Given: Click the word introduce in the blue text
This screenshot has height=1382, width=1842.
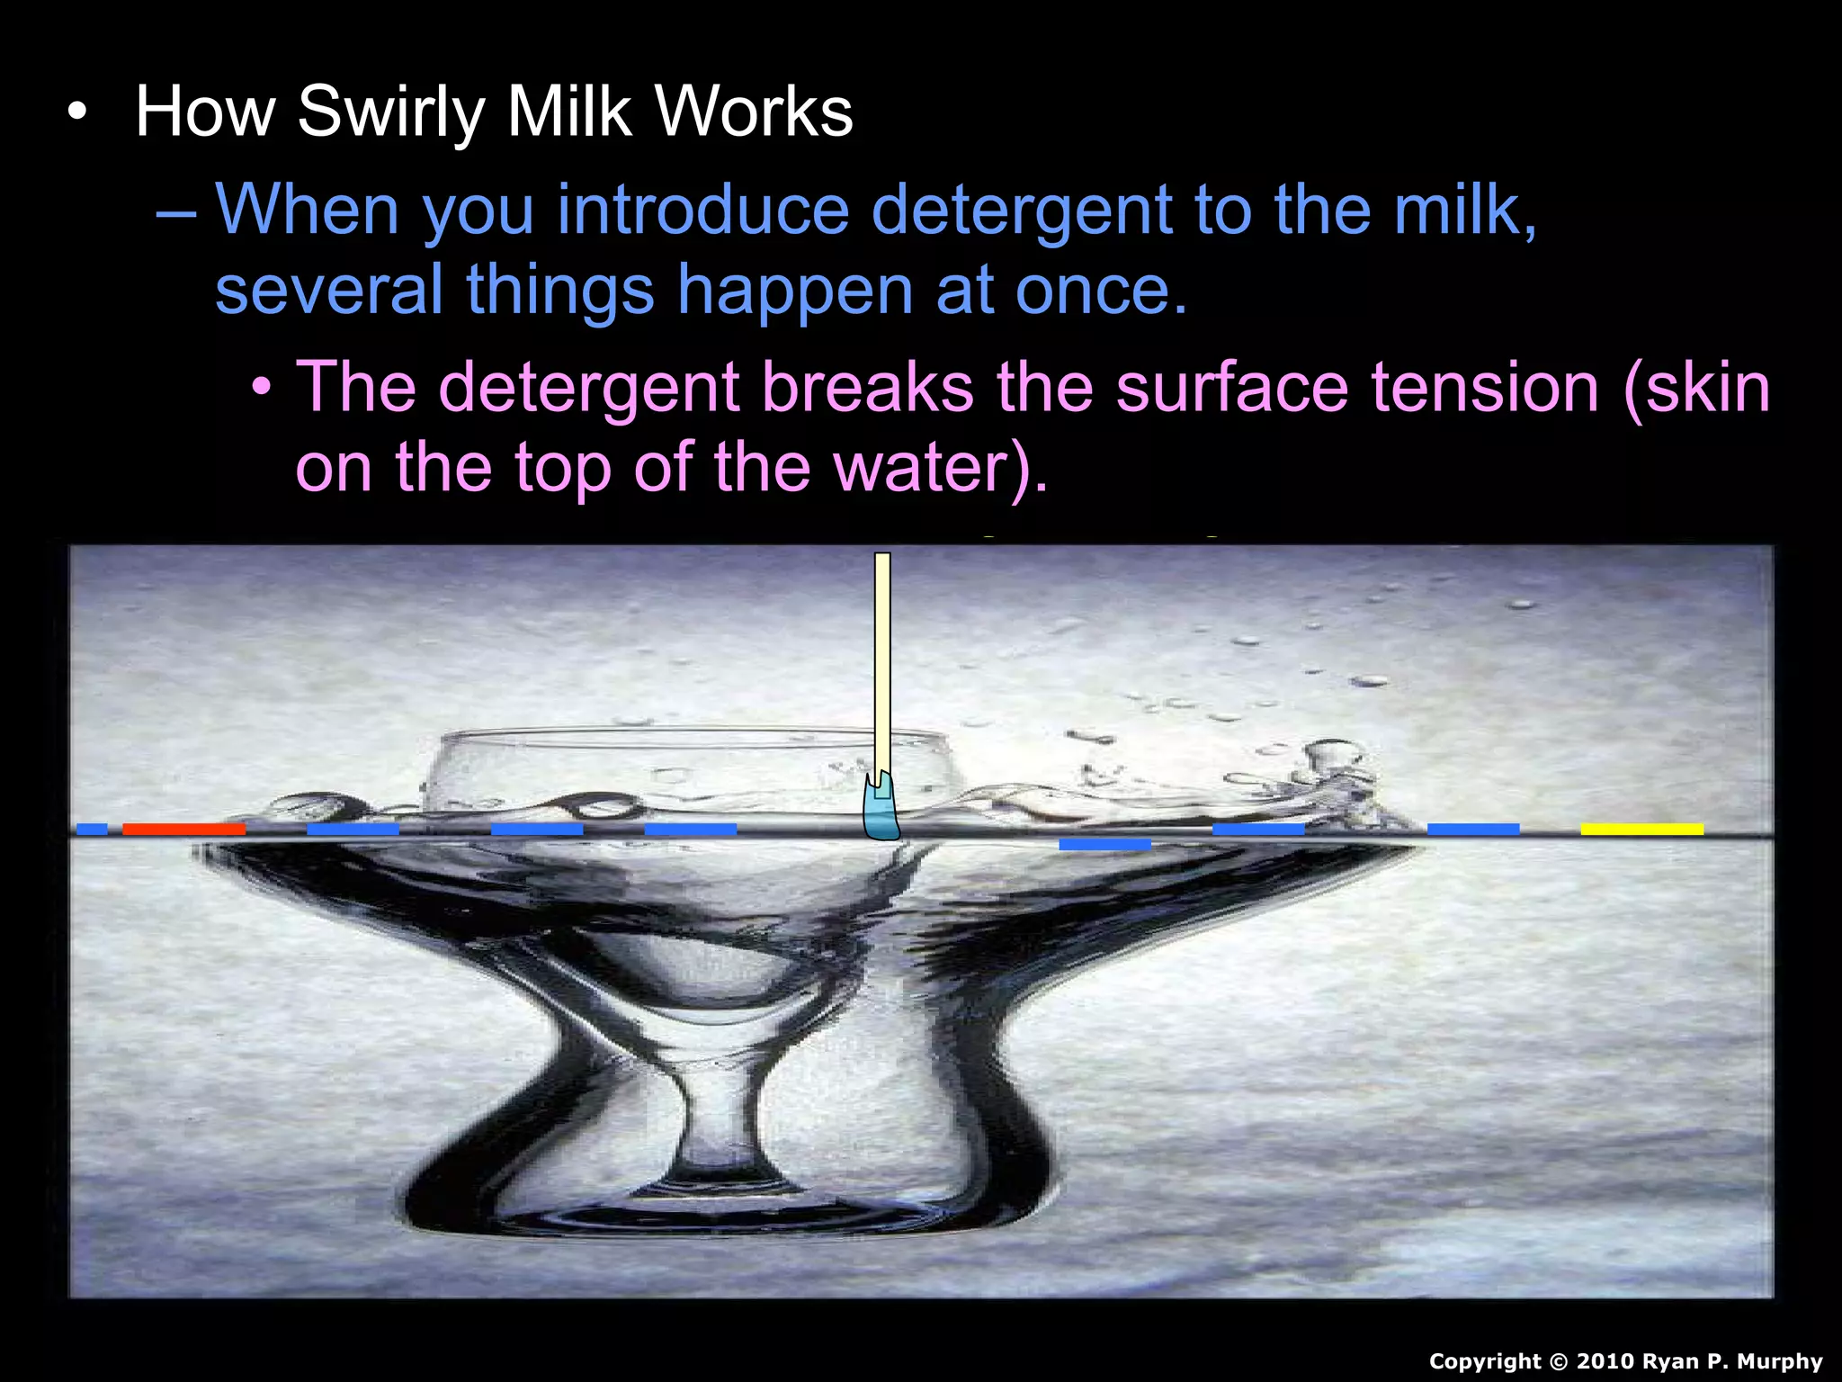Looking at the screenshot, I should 703,210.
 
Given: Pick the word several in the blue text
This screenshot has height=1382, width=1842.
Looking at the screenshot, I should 328,290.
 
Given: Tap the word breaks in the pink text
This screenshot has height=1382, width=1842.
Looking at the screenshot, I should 868,388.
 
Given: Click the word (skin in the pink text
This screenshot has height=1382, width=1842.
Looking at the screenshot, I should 1697,388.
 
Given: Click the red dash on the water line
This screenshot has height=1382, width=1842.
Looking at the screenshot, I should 183,829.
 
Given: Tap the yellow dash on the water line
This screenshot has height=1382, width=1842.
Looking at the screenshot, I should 1641,829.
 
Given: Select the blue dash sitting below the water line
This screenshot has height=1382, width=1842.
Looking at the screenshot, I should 1104,845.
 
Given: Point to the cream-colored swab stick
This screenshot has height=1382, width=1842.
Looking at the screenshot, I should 882,657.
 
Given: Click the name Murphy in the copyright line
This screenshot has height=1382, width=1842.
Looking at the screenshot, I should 1780,1361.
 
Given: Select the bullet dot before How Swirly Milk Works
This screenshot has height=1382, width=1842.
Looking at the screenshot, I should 79,113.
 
